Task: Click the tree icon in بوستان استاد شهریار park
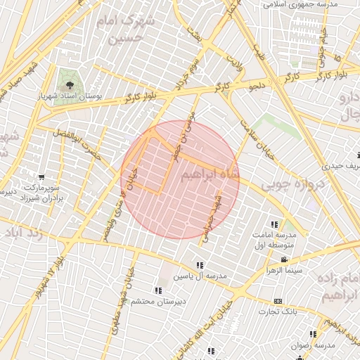click(x=68, y=85)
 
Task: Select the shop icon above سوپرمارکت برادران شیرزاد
click(x=41, y=177)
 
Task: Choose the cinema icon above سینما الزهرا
click(x=283, y=260)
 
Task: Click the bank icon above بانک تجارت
click(x=278, y=300)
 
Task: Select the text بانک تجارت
click(x=277, y=311)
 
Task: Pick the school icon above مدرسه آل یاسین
click(x=200, y=265)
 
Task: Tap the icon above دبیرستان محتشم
click(x=157, y=290)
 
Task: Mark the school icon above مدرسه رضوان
click(x=313, y=334)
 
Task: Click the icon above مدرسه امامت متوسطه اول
click(x=274, y=224)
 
